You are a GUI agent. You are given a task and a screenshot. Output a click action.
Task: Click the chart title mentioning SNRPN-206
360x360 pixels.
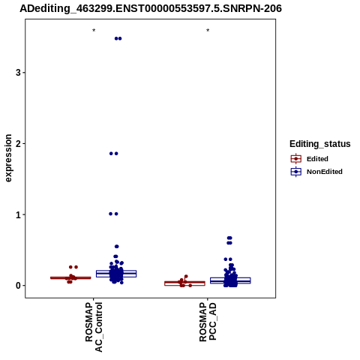pos(151,8)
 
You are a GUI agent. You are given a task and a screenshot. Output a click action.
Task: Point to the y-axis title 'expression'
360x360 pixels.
pos(8,158)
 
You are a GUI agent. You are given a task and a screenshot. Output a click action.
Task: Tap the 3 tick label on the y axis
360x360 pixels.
pos(18,73)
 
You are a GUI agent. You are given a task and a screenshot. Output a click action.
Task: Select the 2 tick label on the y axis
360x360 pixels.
pos(18,143)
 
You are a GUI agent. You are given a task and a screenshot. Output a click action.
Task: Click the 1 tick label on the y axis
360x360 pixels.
pos(18,214)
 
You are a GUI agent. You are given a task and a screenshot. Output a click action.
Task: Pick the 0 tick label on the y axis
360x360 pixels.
pos(18,286)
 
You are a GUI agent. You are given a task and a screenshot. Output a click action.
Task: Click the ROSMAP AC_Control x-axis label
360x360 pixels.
pos(94,327)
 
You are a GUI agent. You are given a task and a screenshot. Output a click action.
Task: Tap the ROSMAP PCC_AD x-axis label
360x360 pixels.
pos(208,322)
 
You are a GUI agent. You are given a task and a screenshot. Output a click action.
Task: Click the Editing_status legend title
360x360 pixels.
pos(320,144)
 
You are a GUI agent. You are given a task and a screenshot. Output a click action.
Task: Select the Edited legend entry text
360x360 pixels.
pos(317,159)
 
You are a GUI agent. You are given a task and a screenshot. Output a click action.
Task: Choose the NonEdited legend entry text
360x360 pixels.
pos(325,172)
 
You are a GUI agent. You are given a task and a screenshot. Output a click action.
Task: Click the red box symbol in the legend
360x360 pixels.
pos(296,159)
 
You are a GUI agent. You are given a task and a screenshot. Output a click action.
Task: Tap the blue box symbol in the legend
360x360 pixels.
pos(296,172)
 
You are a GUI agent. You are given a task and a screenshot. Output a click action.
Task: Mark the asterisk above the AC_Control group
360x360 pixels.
pos(94,31)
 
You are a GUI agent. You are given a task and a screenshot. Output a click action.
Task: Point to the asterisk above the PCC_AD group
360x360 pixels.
pos(208,31)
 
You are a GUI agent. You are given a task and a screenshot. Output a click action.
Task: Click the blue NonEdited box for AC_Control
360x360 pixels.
pos(116,274)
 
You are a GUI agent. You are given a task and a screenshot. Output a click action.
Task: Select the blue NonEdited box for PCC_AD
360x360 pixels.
pos(230,280)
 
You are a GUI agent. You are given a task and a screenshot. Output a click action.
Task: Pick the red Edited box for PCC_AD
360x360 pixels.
pos(184,283)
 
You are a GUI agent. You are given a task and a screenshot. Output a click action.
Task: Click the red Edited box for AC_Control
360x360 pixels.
pos(70,277)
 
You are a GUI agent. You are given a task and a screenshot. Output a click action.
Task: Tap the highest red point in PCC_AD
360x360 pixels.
pos(186,277)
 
